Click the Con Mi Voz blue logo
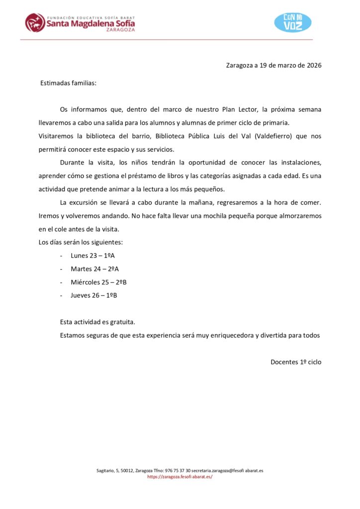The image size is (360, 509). pyautogui.click(x=293, y=22)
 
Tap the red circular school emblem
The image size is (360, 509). pyautogui.click(x=35, y=22)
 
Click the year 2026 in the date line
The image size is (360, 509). pyautogui.click(x=314, y=65)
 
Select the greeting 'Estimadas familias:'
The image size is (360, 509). pyautogui.click(x=68, y=83)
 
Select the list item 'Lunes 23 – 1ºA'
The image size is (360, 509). pyautogui.click(x=93, y=255)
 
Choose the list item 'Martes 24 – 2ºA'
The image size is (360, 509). pyautogui.click(x=94, y=269)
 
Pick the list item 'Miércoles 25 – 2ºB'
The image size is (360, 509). pyautogui.click(x=98, y=282)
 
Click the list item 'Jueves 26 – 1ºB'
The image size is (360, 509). pyautogui.click(x=94, y=296)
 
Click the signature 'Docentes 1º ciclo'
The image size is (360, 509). pyautogui.click(x=296, y=362)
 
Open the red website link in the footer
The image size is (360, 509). pyautogui.click(x=180, y=477)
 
